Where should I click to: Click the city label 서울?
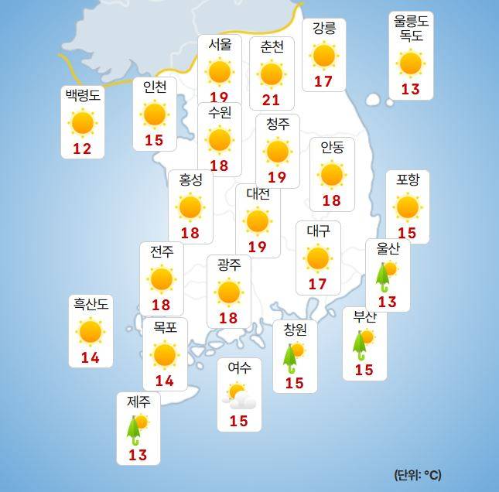pos(220,45)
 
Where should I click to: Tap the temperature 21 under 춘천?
pos(272,99)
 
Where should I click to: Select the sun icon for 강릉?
pos(323,56)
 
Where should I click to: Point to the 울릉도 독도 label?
pos(411,29)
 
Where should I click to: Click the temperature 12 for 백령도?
pos(82,149)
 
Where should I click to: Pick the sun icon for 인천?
pos(155,114)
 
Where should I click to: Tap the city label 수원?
pos(220,113)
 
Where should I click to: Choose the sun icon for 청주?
pos(277,152)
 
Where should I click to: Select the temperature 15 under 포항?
pos(407,233)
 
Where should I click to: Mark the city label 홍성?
pos(190,180)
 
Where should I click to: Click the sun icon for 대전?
pos(258,221)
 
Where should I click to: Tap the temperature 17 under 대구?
pos(318,284)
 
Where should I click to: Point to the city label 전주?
pos(162,251)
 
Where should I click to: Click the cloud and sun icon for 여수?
pos(239,396)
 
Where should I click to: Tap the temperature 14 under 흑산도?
pos(91,358)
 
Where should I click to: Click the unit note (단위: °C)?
pos(418,474)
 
